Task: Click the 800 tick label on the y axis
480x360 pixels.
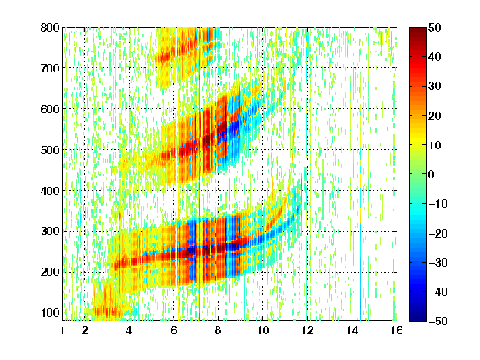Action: coord(50,27)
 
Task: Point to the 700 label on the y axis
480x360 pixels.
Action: coord(50,68)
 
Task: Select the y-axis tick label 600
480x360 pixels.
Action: coord(50,109)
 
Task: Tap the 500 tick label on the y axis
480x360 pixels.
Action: coord(50,150)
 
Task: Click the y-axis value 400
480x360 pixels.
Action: coord(50,191)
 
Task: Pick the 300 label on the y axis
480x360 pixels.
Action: coord(50,231)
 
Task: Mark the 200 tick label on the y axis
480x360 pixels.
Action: coord(50,272)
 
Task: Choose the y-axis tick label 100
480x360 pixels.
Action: coord(50,312)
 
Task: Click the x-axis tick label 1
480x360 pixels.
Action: coord(62,330)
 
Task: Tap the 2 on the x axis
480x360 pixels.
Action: coord(84,330)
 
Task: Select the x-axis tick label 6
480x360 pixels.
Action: coord(173,330)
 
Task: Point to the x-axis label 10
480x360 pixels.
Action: coord(262,330)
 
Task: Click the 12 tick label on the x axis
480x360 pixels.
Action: coord(307,330)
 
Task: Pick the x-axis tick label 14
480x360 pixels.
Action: coord(352,330)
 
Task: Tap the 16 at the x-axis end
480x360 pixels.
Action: coord(397,330)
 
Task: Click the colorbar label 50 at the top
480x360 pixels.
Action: coord(434,27)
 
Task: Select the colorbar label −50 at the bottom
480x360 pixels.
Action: coord(438,321)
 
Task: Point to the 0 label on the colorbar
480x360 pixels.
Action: coord(432,174)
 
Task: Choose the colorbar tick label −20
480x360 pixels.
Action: coord(438,233)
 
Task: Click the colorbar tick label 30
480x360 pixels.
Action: coord(434,86)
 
